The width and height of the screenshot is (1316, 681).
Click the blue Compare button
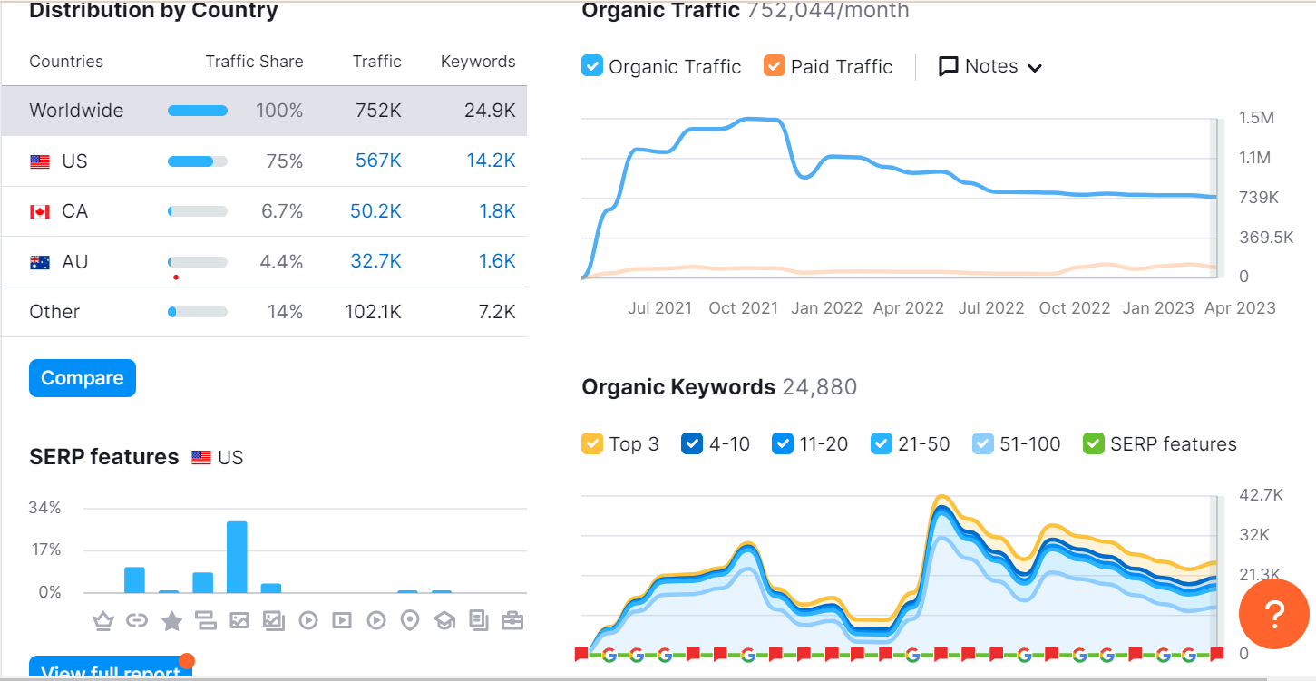[x=82, y=378]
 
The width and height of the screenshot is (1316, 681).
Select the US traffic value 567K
[x=378, y=161]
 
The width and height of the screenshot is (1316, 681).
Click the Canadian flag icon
[x=39, y=212]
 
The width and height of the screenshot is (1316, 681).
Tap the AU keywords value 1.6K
[x=497, y=262]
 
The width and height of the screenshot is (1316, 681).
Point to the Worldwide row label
[x=76, y=111]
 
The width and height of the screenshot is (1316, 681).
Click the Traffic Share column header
[x=254, y=62]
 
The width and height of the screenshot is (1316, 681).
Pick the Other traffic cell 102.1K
[x=373, y=312]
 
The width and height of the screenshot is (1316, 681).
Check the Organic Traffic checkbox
[x=592, y=66]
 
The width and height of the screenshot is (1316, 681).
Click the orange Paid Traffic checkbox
[x=774, y=66]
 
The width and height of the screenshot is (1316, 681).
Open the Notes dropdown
[x=990, y=66]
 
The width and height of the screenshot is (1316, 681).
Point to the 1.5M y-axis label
[x=1256, y=119]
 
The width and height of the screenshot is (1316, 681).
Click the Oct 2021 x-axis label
[x=743, y=308]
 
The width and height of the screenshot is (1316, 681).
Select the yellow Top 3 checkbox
[x=592, y=443]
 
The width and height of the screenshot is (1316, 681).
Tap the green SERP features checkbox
[x=1094, y=443]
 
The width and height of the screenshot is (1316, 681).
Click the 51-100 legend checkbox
[x=982, y=443]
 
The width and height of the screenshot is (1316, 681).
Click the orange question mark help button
[x=1273, y=614]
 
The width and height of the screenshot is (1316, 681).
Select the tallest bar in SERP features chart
[x=237, y=557]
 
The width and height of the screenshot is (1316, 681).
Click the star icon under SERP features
[x=171, y=621]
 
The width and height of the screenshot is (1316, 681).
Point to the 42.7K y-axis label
[x=1261, y=495]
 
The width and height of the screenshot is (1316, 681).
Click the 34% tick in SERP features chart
[x=44, y=508]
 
